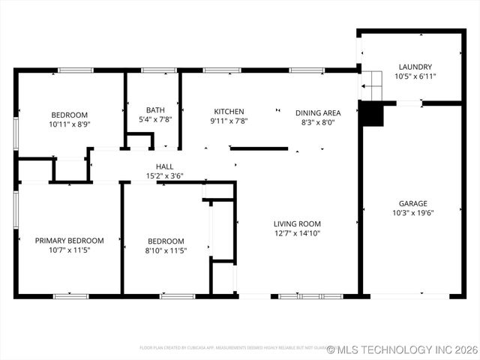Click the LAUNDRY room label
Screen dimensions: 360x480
coord(415,66)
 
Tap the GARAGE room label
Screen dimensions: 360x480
coord(412,203)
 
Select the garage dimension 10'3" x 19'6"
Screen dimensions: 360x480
coord(412,213)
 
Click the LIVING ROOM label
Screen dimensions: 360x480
coord(297,223)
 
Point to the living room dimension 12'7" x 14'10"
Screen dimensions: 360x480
coord(297,233)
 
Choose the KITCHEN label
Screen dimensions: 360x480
coord(229,112)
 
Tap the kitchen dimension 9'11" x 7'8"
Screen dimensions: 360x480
coord(229,121)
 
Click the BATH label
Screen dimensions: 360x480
coord(155,109)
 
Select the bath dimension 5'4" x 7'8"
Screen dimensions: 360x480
coord(155,119)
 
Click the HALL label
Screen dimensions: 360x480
coord(165,166)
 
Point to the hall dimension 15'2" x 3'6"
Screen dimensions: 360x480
coord(165,176)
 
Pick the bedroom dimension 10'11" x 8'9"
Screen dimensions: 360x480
coord(69,124)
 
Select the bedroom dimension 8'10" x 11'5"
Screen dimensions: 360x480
coord(165,250)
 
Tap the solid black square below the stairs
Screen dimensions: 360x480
coord(371,115)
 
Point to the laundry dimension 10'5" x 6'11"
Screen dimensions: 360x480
coord(415,76)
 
